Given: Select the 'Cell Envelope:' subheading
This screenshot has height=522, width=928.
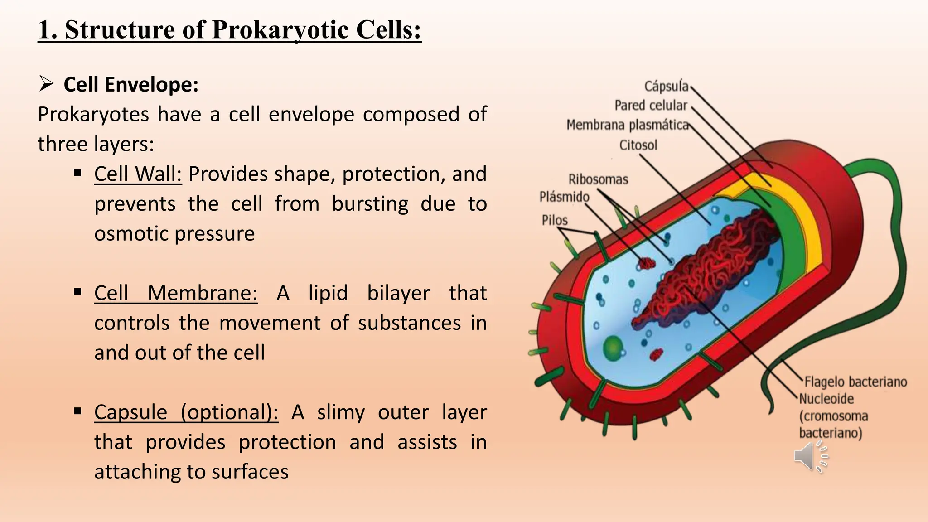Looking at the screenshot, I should click(131, 85).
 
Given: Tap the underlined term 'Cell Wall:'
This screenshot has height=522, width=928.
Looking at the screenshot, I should click(138, 174).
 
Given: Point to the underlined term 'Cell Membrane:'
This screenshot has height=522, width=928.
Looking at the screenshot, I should click(176, 293).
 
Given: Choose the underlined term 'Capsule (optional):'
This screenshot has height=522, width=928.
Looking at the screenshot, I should click(186, 412).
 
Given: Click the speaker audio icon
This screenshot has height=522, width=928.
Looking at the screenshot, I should click(810, 457).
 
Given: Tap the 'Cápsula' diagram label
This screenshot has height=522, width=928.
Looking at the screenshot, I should click(666, 86).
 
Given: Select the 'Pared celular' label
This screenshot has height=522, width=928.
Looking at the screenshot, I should click(651, 105).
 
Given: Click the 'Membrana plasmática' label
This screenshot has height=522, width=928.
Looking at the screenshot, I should click(627, 125).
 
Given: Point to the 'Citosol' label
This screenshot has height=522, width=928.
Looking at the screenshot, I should click(638, 145).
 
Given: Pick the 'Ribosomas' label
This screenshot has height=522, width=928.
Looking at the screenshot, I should click(598, 179).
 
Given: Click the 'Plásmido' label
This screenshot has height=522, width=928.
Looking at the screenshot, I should click(564, 197).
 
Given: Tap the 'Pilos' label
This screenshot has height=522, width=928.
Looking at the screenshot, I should click(555, 220).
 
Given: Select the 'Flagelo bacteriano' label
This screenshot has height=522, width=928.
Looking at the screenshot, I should click(855, 382).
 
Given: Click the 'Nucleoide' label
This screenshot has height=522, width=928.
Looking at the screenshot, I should click(826, 399).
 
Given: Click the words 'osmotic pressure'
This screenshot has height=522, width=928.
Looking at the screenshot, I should click(174, 234).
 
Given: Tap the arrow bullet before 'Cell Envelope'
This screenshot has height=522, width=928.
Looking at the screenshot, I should click(46, 84).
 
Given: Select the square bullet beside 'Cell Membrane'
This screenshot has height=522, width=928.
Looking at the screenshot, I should click(77, 292).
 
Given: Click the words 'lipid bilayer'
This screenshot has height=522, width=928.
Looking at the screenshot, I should click(369, 293).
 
